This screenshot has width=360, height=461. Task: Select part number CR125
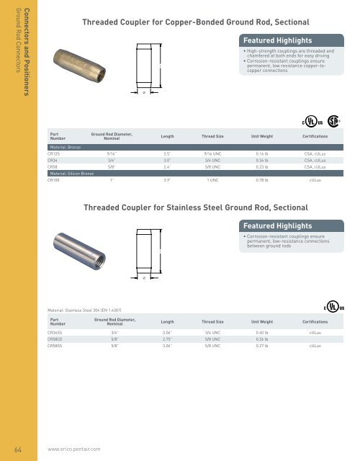[x=54, y=154]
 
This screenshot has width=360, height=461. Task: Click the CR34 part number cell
[x=53, y=161]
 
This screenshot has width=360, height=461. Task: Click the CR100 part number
[x=54, y=180]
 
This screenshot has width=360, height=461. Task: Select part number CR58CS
[x=55, y=339]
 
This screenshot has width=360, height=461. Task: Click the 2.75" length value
[x=167, y=339]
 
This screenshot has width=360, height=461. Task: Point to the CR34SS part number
[x=55, y=332]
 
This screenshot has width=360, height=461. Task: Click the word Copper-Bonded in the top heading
[x=189, y=22]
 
